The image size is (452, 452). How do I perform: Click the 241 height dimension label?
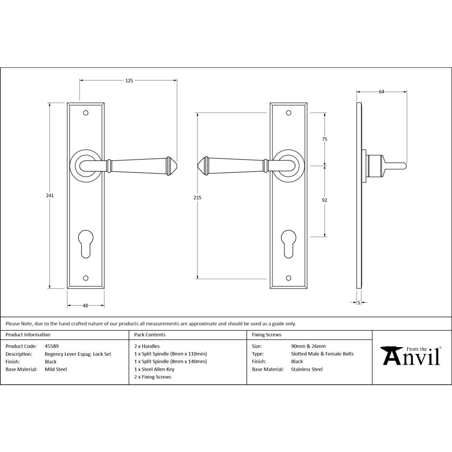(x=50, y=196)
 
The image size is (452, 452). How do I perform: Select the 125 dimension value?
(x=129, y=81)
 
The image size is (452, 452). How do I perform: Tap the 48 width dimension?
(x=85, y=306)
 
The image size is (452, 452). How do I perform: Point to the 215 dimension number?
(x=198, y=198)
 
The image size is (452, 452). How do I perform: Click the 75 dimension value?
(x=325, y=139)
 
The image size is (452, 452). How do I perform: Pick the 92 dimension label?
(x=325, y=200)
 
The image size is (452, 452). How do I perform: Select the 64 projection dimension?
(x=381, y=92)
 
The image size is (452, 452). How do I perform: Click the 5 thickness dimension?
(x=358, y=302)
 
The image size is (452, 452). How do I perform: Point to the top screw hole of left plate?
(x=85, y=113)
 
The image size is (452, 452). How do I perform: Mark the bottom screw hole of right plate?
(x=288, y=277)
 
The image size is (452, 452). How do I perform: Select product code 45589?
(x=52, y=346)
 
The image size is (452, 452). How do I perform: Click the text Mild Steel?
(x=56, y=369)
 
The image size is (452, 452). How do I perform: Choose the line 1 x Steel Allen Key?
(x=154, y=369)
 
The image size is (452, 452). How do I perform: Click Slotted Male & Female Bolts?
(x=322, y=354)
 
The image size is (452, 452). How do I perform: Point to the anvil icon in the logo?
(x=391, y=356)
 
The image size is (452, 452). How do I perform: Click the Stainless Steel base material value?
(x=307, y=369)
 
